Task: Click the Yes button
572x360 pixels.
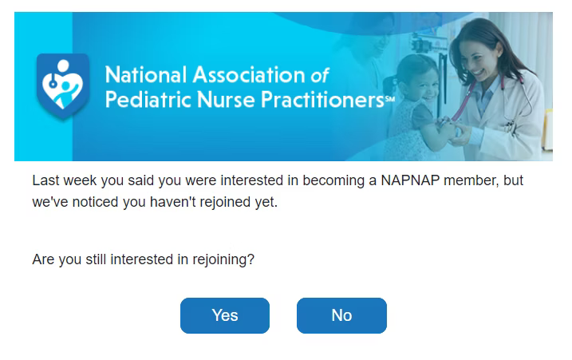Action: pyautogui.click(x=225, y=315)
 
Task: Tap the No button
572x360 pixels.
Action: pyautogui.click(x=341, y=315)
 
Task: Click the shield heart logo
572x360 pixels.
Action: pyautogui.click(x=63, y=86)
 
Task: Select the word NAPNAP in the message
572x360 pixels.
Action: pyautogui.click(x=410, y=180)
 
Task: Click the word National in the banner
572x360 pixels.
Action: pyautogui.click(x=146, y=75)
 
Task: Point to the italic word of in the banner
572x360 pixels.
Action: pyautogui.click(x=320, y=75)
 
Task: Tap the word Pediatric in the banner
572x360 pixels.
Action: pyautogui.click(x=148, y=99)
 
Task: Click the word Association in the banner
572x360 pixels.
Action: pyautogui.click(x=249, y=75)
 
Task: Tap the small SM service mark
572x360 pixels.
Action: pyautogui.click(x=390, y=98)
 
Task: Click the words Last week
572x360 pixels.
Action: pyautogui.click(x=65, y=180)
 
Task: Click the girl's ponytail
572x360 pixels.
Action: pyautogui.click(x=389, y=85)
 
